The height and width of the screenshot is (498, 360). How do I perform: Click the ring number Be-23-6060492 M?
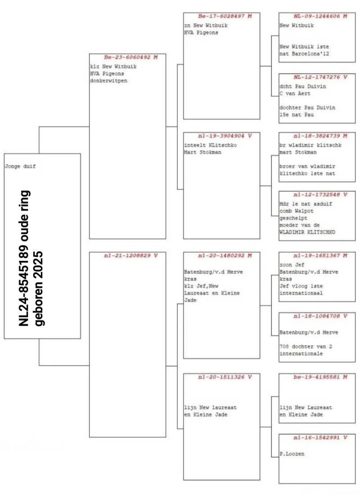pos(128,58)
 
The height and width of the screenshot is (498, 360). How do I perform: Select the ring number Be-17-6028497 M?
pos(222,16)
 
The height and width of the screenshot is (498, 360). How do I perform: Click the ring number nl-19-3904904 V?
pos(222,135)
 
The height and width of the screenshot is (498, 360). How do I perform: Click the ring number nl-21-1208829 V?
pos(128,256)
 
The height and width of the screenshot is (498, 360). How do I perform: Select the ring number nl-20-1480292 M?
pos(222,256)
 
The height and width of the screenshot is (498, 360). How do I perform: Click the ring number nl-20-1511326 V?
pos(222,377)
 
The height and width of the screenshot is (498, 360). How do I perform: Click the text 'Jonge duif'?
pos(20,166)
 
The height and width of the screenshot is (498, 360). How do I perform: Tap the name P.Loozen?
pos(292,454)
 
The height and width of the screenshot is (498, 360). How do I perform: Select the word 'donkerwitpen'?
pos(108,81)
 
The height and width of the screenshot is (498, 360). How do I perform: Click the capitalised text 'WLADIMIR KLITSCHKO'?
pos(307,233)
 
